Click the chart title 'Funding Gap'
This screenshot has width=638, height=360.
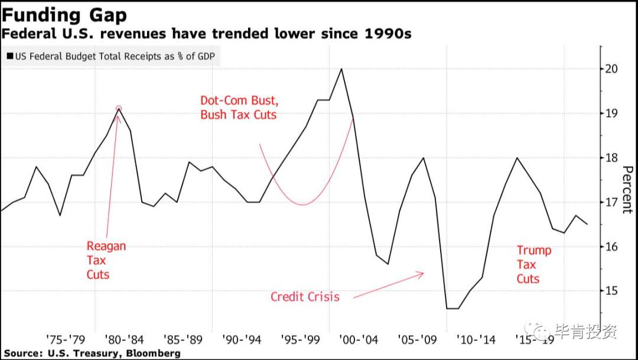(64, 15)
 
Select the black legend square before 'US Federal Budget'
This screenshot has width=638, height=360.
(10, 56)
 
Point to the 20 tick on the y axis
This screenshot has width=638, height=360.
(614, 69)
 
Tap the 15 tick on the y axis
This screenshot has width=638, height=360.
(614, 291)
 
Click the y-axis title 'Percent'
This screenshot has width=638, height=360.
(627, 190)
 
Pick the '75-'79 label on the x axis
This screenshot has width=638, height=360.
(66, 339)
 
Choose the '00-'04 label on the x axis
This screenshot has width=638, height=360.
(359, 339)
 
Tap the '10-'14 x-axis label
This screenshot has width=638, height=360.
(476, 339)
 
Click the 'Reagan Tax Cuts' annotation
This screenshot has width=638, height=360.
(106, 260)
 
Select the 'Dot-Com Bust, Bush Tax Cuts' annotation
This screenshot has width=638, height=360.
(239, 108)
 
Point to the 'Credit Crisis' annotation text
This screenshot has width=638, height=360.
(305, 297)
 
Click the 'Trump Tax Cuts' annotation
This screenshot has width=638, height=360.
(534, 264)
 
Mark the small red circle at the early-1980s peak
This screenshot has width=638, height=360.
(118, 109)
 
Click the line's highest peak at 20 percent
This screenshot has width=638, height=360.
(341, 69)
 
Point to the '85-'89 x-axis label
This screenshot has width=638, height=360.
(183, 339)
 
